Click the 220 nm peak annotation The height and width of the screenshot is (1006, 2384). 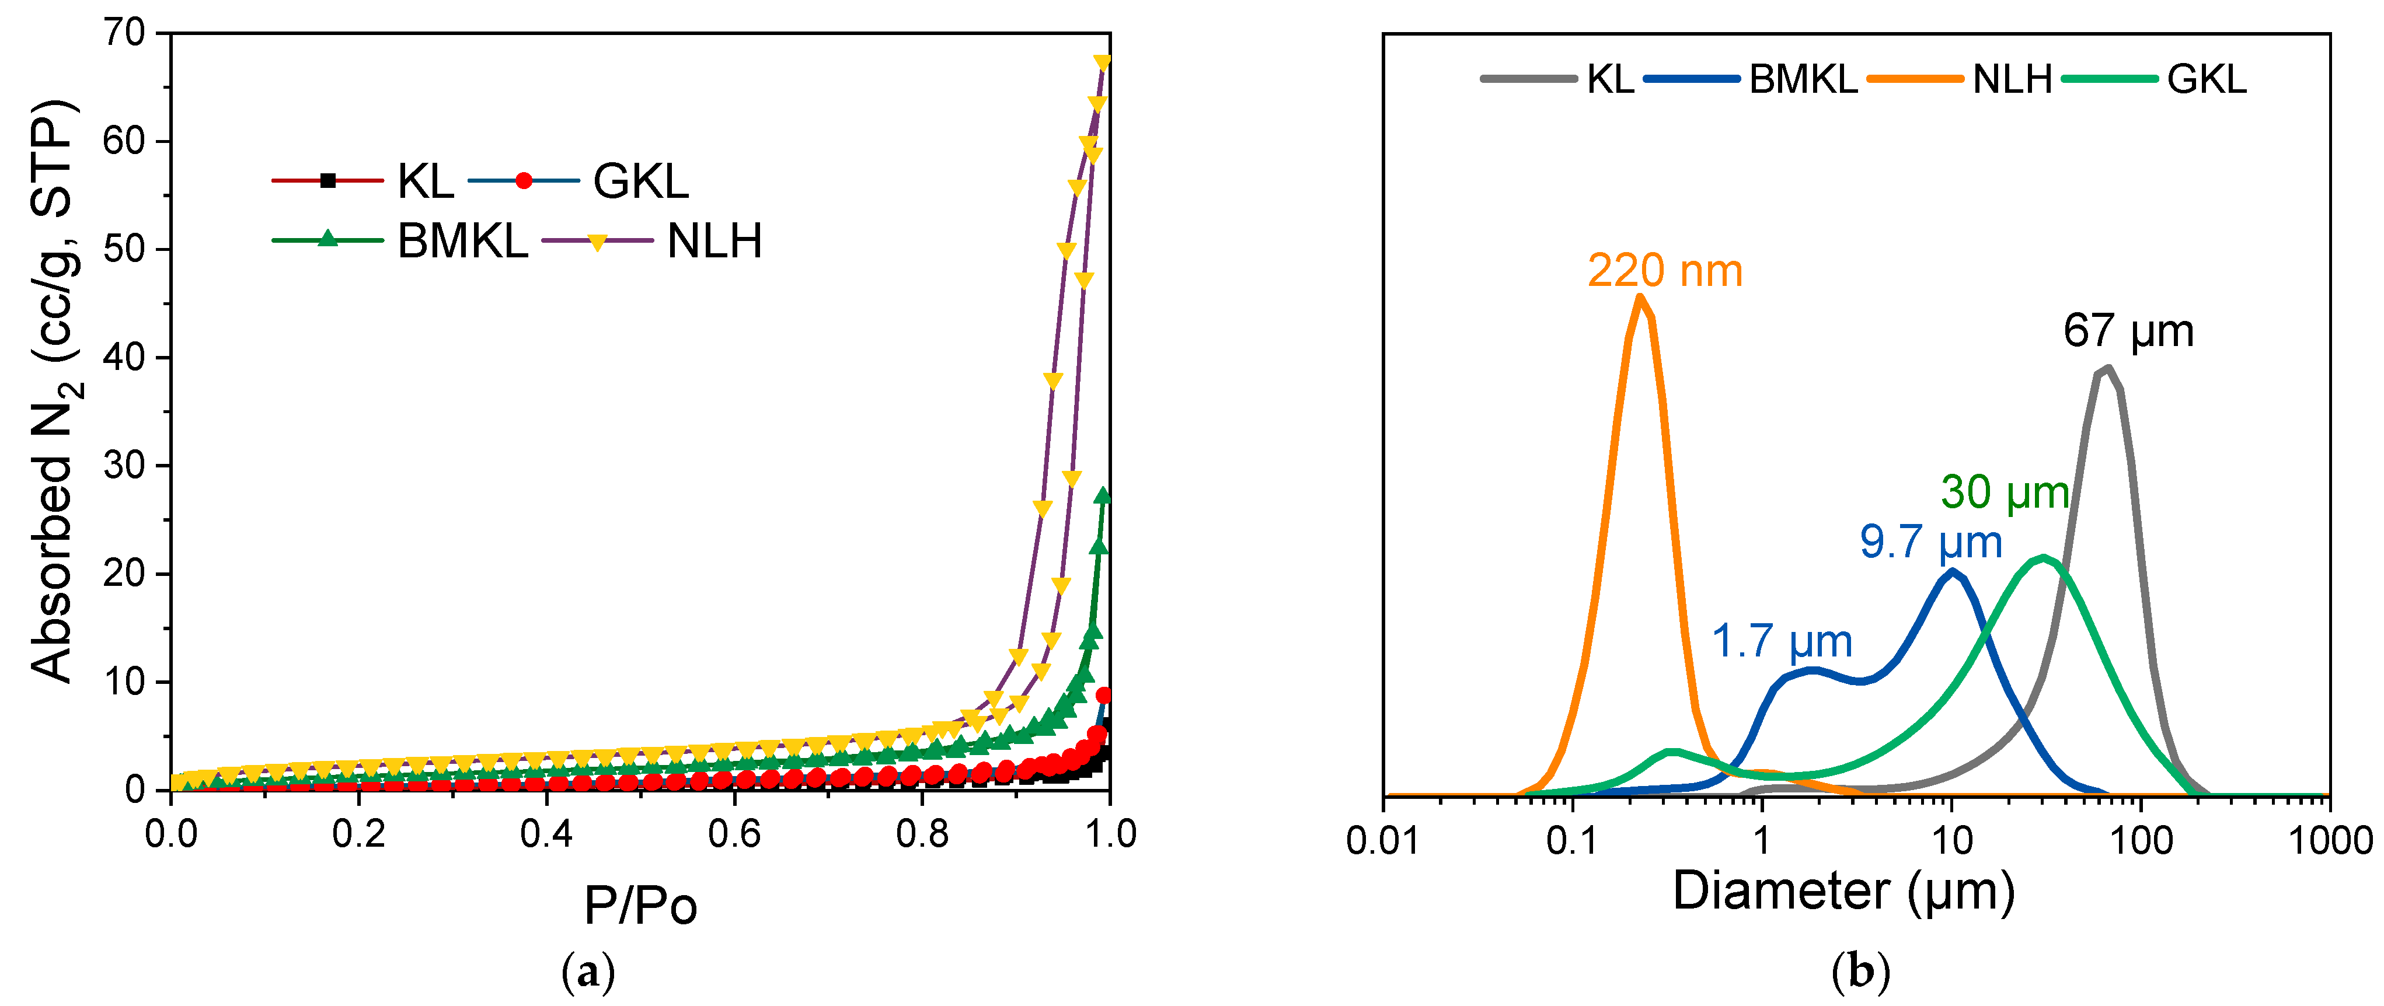(x=1664, y=271)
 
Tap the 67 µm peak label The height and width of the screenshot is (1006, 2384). (x=2128, y=331)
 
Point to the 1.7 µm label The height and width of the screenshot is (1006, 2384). (x=1782, y=641)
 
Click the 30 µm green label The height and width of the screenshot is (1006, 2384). (x=2005, y=492)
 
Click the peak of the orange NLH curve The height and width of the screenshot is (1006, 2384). (x=1640, y=297)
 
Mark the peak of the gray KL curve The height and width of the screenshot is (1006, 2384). (x=2108, y=368)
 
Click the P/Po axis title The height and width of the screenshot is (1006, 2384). (x=640, y=905)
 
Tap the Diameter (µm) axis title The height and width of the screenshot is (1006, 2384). (x=1843, y=891)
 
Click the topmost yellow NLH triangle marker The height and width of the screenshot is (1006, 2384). (x=1102, y=62)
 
